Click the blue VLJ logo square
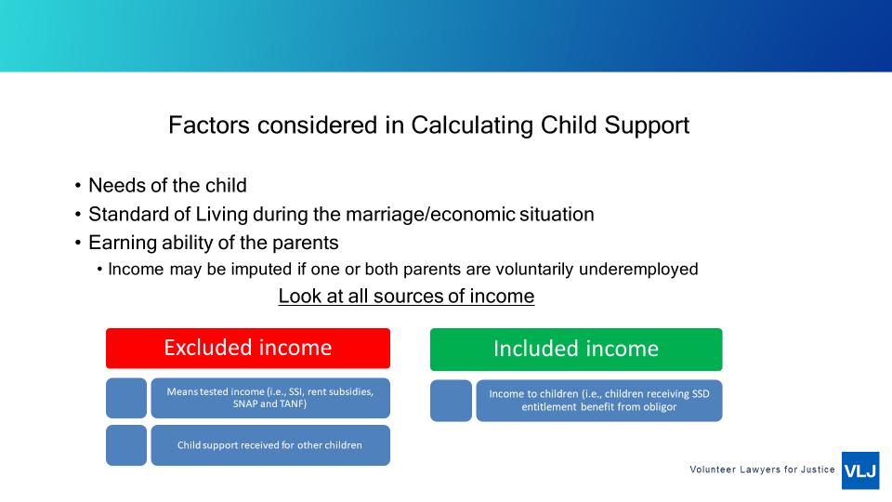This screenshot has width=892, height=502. coord(860,470)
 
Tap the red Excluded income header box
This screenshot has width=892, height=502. coord(248,349)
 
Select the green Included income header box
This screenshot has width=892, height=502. coord(576,350)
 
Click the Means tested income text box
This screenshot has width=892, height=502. coord(270,398)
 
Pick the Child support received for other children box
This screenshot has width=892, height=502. coord(270,445)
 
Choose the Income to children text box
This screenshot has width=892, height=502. coord(599,401)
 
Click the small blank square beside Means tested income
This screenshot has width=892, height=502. coord(126,398)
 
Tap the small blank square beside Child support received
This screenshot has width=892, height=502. coord(126,445)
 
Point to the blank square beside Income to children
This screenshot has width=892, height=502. coord(452,401)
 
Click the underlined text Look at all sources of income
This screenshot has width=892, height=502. coord(406,297)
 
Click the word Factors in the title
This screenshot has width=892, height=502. coord(209,125)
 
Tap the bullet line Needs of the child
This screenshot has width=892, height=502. coord(168,186)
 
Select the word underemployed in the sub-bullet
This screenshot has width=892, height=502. coord(638,270)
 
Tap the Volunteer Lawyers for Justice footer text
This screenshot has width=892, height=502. coord(762,469)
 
